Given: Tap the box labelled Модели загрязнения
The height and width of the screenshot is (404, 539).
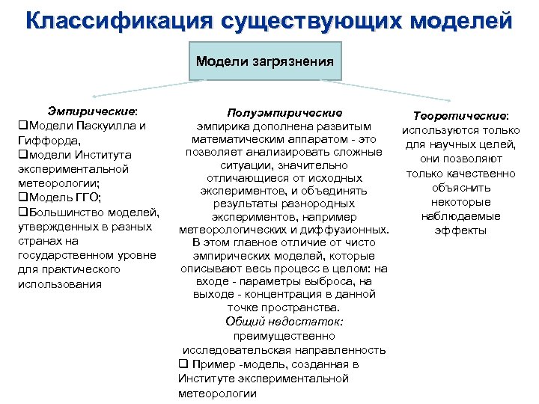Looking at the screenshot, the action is [264, 61].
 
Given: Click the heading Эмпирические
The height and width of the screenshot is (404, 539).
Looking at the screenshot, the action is [83, 111].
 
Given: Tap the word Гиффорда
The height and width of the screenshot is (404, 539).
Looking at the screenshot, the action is [44, 140].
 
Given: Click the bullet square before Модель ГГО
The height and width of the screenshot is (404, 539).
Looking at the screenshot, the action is [22, 198].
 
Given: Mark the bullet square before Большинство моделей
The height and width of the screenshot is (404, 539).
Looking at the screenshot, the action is [22, 212].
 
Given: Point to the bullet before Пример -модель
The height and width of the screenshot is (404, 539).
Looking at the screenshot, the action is [182, 364].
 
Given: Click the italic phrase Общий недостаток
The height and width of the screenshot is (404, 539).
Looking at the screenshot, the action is [284, 321].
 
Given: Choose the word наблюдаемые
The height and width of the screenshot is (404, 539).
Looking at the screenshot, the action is [461, 216].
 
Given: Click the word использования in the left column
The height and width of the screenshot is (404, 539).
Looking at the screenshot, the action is [59, 284].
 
